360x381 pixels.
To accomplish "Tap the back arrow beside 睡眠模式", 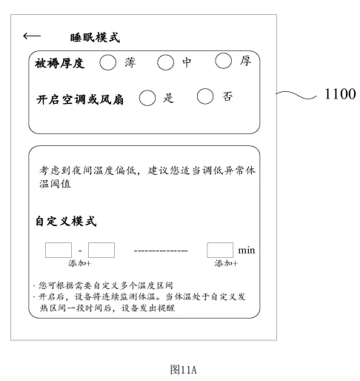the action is click(x=32, y=36).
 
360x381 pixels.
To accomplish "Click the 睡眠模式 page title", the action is click(x=95, y=38).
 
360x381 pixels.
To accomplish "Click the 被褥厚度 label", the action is click(x=60, y=63).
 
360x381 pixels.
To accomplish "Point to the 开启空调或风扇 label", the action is click(x=80, y=99).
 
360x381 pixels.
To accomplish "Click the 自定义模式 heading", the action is click(x=66, y=221).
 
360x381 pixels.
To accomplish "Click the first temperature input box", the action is click(x=59, y=250).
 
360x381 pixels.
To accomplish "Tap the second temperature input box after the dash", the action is click(x=101, y=250).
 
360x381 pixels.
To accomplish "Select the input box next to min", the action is click(x=220, y=250).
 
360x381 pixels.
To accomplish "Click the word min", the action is click(x=247, y=251).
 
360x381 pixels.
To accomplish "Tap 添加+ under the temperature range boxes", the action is click(x=80, y=263).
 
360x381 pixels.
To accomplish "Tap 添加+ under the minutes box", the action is click(x=226, y=263).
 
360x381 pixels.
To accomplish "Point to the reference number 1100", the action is click(x=340, y=94).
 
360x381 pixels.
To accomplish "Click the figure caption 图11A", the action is click(x=184, y=370).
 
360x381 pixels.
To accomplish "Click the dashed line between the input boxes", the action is click(x=161, y=251).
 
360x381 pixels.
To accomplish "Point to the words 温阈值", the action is click(x=55, y=184).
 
